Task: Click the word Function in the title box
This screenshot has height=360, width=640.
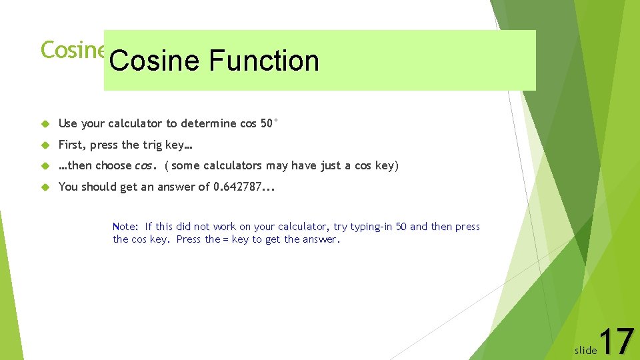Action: click(263, 61)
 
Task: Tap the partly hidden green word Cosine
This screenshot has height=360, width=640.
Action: click(72, 49)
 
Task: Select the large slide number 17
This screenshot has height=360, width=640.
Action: click(617, 341)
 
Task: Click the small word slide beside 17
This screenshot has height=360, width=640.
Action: click(585, 350)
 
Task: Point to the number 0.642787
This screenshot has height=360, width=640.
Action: click(237, 187)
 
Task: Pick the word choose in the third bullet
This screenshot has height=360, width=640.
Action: click(114, 165)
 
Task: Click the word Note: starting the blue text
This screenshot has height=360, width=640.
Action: click(126, 227)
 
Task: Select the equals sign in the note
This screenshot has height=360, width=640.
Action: click(226, 239)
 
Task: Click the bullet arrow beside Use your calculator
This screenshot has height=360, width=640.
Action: click(46, 124)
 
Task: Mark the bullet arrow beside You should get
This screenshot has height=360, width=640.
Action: click(46, 187)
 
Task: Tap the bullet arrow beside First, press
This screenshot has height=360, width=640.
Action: click(46, 145)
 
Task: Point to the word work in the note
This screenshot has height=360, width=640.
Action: click(224, 227)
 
